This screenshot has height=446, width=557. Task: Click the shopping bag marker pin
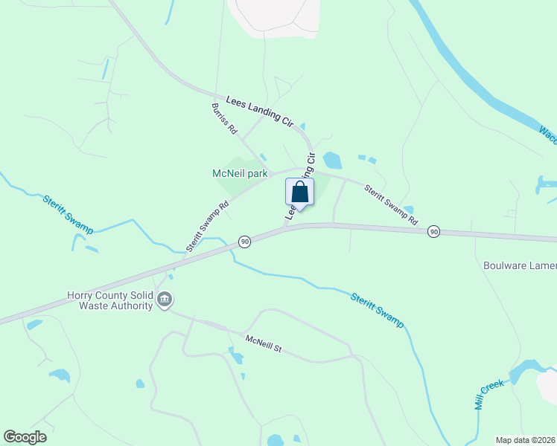click(299, 193)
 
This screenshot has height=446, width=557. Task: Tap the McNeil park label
click(240, 173)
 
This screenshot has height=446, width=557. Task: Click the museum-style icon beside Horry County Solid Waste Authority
click(165, 300)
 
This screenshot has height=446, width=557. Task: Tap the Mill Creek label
click(490, 394)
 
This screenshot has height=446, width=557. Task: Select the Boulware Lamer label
click(520, 265)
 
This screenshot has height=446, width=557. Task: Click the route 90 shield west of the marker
click(244, 242)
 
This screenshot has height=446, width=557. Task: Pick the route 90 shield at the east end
click(433, 233)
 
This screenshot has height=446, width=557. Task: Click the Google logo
click(25, 437)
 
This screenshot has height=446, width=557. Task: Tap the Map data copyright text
click(525, 440)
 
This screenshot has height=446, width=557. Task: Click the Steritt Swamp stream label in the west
click(68, 214)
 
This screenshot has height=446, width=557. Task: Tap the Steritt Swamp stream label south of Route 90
click(377, 309)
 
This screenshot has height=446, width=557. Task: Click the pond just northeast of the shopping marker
click(332, 160)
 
